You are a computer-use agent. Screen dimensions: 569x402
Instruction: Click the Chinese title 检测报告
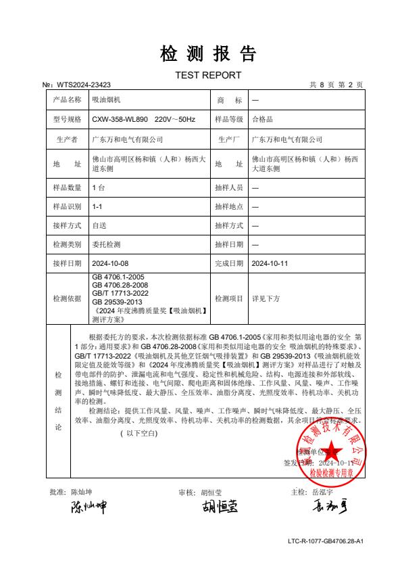(x=207, y=53)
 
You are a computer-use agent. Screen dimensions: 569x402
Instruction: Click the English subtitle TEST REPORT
(x=207, y=74)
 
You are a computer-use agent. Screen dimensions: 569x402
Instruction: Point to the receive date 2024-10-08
(x=109, y=262)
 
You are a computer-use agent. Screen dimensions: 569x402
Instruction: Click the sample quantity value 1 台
(x=99, y=187)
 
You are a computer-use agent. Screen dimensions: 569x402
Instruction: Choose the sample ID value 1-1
(x=97, y=206)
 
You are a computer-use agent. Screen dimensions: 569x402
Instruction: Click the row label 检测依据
(x=67, y=297)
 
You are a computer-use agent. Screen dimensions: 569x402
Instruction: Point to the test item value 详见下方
(x=266, y=297)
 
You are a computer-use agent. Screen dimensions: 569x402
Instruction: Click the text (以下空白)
(x=139, y=432)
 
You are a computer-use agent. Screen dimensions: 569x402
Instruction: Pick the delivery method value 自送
(x=99, y=225)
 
